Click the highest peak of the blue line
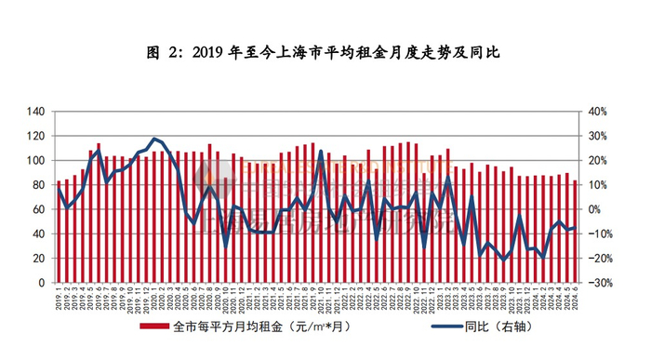155,139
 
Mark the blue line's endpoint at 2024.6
575,228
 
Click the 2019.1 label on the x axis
59,299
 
